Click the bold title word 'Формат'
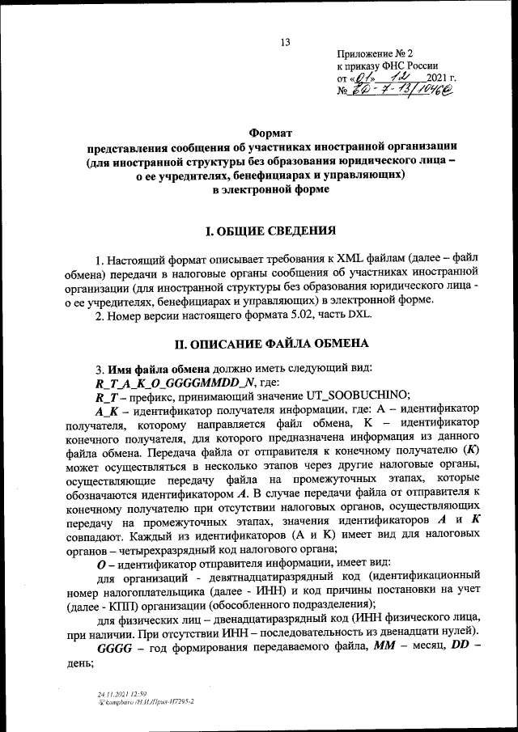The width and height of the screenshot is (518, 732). coord(270,132)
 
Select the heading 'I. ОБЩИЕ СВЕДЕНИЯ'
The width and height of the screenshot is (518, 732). coord(270,231)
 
